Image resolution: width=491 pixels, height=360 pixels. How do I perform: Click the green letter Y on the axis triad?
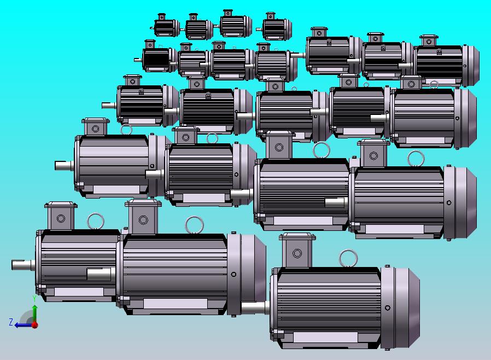point(34,299)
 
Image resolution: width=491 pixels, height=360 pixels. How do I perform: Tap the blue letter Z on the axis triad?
point(11,322)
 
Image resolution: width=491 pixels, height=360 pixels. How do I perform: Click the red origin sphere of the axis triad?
point(35,325)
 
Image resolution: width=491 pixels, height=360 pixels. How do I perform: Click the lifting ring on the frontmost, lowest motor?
point(348,258)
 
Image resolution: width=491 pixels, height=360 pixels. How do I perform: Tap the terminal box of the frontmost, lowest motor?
point(297,250)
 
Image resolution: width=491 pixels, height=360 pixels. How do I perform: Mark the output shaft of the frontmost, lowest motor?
point(255,307)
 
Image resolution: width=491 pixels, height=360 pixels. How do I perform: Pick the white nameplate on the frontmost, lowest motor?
point(325,337)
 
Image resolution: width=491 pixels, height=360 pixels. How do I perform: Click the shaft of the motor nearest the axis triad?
point(24,265)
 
